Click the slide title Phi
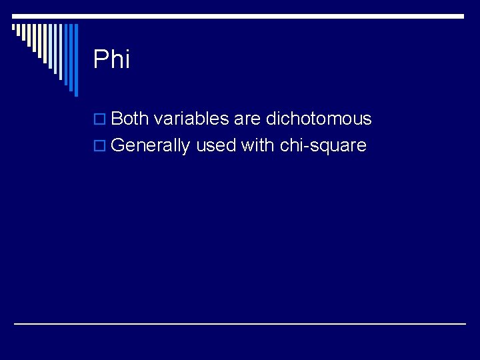[x=111, y=59]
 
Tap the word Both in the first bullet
[x=130, y=119]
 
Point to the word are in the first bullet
[x=247, y=119]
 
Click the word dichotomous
[x=319, y=119]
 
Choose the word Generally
[x=150, y=146]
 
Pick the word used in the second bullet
[x=215, y=146]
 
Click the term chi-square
[x=323, y=146]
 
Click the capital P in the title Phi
[x=101, y=59]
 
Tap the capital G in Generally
[x=118, y=146]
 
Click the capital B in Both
[x=117, y=119]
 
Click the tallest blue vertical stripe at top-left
[x=75, y=60]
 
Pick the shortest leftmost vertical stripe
[x=13, y=29]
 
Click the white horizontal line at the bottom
[x=240, y=323]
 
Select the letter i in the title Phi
[x=126, y=59]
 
